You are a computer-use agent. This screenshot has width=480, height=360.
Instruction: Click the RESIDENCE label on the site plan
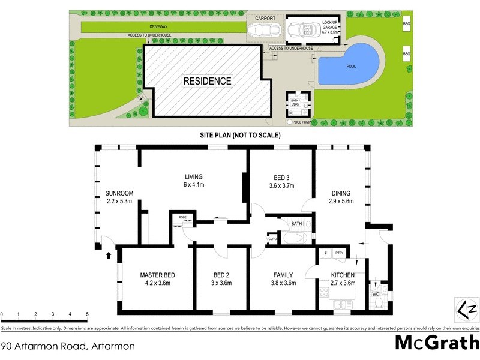[207, 80]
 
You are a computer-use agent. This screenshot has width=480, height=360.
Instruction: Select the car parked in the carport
[264, 30]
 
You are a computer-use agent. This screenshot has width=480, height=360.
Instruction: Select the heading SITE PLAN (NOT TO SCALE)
[240, 136]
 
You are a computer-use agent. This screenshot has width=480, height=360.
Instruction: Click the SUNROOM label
[119, 193]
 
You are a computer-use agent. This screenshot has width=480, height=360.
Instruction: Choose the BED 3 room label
[281, 177]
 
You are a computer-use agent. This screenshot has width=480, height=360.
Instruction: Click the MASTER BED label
[157, 275]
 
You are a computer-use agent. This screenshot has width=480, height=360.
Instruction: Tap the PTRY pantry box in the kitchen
[339, 253]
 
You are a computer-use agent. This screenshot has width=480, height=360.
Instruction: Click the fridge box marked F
[325, 253]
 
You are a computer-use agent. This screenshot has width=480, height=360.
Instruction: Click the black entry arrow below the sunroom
[109, 255]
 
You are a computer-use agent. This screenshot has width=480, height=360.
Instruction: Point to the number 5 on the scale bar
[88, 314]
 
